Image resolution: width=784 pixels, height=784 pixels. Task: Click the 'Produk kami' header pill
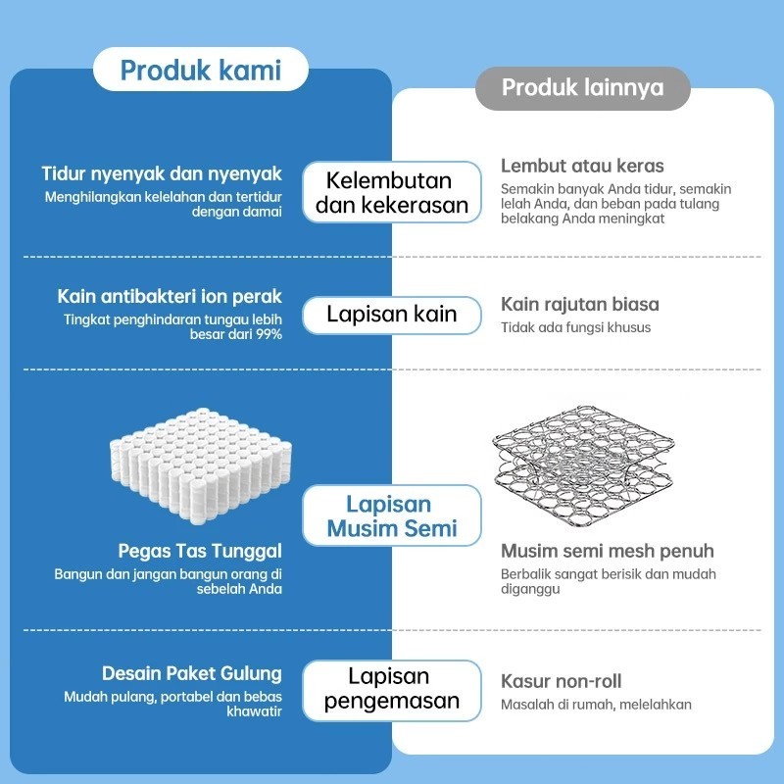tap(200, 71)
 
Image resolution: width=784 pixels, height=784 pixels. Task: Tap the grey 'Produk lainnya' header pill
tap(582, 88)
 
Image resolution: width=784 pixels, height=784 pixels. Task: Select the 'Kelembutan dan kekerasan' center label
tap(390, 192)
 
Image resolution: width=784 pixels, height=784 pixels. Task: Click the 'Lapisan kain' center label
tap(392, 315)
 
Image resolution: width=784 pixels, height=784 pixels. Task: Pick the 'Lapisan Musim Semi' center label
tap(391, 516)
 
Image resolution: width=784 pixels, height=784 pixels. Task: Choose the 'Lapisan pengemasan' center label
tap(391, 688)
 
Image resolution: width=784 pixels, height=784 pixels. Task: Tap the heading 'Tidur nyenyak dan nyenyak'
tap(162, 174)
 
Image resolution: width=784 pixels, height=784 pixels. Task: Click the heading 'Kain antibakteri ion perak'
tap(170, 296)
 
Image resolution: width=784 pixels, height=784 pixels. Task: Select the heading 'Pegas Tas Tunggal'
tap(200, 551)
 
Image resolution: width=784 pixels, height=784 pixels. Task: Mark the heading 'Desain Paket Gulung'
tap(192, 674)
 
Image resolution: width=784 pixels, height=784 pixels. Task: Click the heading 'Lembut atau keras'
tap(582, 166)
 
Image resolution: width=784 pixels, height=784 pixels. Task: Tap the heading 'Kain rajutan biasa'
tap(579, 305)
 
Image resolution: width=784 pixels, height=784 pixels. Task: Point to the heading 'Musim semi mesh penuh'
tap(607, 551)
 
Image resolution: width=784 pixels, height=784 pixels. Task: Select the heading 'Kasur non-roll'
tap(561, 681)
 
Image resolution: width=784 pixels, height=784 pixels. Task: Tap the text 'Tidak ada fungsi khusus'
tap(575, 327)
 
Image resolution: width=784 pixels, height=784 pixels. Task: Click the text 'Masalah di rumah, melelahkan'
tap(596, 704)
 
